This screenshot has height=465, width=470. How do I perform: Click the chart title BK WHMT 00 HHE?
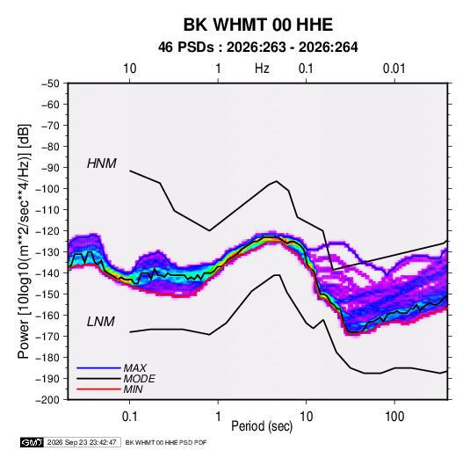[x=257, y=25]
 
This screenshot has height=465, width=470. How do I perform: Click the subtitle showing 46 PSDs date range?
[x=257, y=47]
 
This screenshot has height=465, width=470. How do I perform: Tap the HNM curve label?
[x=102, y=163]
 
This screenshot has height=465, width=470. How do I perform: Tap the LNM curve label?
[x=101, y=322]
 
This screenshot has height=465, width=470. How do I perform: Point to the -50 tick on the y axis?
[x=50, y=84]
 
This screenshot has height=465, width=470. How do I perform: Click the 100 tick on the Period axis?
[x=394, y=417]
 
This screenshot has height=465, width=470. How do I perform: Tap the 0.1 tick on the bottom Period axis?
[x=129, y=417]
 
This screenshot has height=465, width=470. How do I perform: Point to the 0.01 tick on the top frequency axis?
[x=394, y=69]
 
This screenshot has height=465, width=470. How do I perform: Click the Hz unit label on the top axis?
[x=262, y=69]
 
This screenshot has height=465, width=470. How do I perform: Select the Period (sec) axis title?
[x=262, y=426]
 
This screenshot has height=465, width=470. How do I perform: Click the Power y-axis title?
[x=24, y=241]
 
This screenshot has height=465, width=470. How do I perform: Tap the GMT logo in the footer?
[x=33, y=442]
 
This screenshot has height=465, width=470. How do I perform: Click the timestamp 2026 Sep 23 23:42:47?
[x=82, y=442]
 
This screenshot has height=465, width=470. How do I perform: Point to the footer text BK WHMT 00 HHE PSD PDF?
[x=166, y=442]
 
